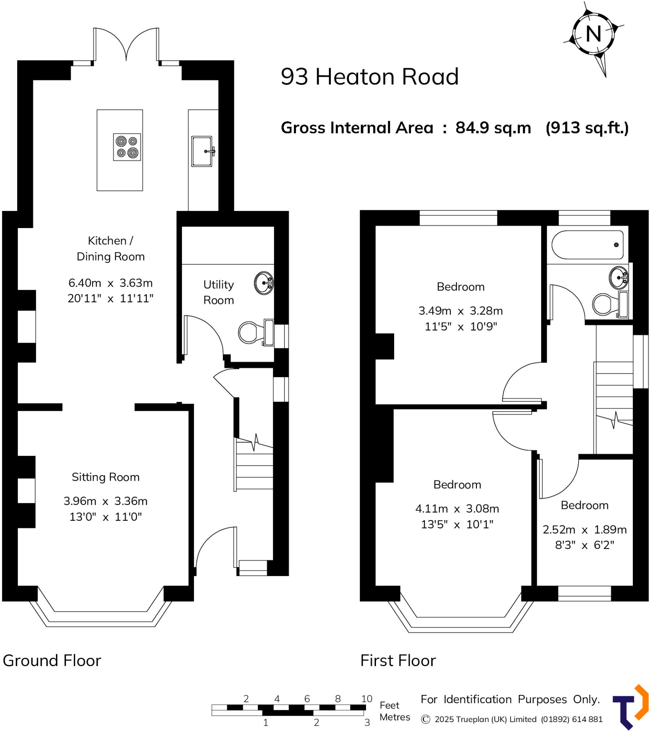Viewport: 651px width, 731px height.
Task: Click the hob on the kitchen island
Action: (127, 147)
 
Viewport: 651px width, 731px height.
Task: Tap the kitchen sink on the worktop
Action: (202, 151)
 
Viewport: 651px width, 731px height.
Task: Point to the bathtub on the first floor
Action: (588, 244)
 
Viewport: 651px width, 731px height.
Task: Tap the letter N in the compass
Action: (594, 34)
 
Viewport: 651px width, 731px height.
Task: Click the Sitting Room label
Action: (106, 477)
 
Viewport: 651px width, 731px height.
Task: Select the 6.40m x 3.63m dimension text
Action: (111, 283)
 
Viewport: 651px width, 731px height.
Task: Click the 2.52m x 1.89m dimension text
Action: (584, 529)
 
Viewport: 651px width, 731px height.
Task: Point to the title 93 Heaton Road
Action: (370, 77)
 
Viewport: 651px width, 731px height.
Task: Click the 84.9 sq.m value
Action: (493, 128)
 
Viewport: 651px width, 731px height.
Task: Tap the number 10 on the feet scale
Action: (367, 699)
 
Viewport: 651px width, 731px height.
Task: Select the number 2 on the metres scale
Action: (316, 722)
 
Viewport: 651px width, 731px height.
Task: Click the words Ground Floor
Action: (52, 660)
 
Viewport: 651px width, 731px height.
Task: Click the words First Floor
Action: (398, 660)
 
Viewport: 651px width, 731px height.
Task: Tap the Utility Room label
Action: (219, 292)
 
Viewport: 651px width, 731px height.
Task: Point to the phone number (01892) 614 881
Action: (571, 719)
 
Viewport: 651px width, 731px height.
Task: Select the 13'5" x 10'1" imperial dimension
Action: (457, 524)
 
